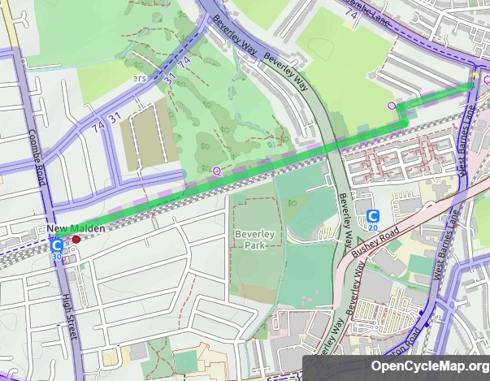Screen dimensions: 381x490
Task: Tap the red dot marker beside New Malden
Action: pyautogui.click(x=76, y=240)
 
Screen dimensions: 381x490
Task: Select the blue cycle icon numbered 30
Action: pyautogui.click(x=56, y=247)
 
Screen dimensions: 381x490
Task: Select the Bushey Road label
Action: pyautogui.click(x=376, y=241)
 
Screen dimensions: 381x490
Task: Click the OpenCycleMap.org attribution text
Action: pyautogui.click(x=430, y=366)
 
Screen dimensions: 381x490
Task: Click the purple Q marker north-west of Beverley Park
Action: pyautogui.click(x=216, y=171)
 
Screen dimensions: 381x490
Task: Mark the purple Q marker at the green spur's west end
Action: pyautogui.click(x=392, y=106)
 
